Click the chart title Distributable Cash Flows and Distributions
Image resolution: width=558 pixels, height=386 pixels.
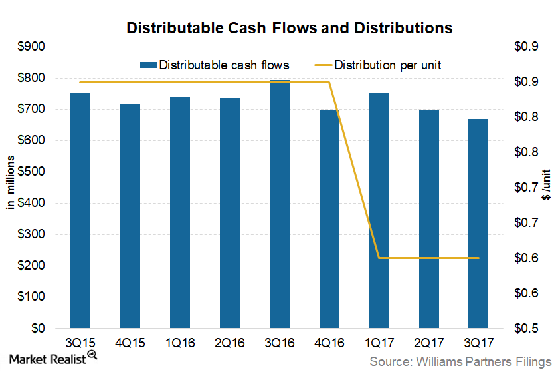[x=280, y=28]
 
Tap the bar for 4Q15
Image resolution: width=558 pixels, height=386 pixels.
[x=130, y=216]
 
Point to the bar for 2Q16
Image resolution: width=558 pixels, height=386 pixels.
[x=230, y=213]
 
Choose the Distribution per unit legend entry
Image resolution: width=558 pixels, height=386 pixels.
[x=388, y=65]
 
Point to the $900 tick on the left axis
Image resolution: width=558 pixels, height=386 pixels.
[x=32, y=47]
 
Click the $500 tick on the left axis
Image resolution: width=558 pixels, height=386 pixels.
[x=32, y=172]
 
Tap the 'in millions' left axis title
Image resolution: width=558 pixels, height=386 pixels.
[x=11, y=188]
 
